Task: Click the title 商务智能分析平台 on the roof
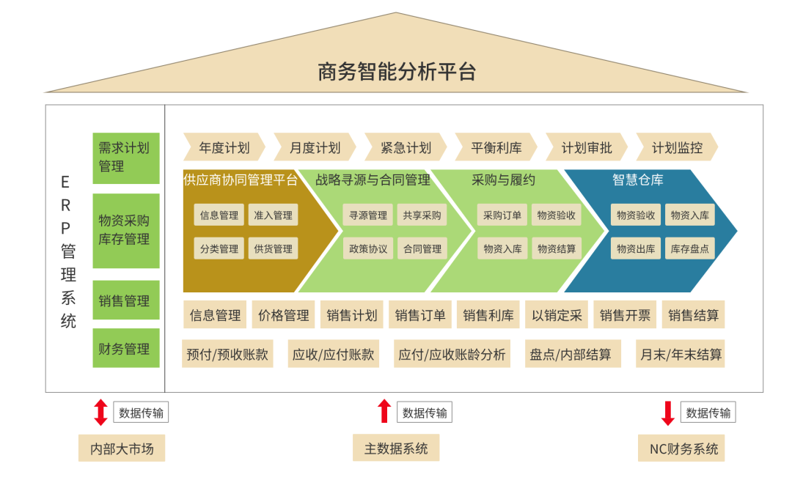pos(396,71)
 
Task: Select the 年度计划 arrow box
pos(224,147)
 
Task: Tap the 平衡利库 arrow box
pos(496,147)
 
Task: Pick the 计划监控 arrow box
pos(677,147)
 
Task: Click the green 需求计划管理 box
pos(125,158)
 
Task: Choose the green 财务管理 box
pos(125,349)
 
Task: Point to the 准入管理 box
pos(273,215)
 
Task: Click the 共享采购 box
pos(422,215)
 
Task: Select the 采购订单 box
pos(502,215)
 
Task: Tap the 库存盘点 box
pos(689,248)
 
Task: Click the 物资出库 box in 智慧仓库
pos(636,248)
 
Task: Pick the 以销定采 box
pos(557,315)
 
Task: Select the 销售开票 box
pos(625,315)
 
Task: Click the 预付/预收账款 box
pos(227,355)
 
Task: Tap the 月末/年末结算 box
pos(681,355)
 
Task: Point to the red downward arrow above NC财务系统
pos(667,413)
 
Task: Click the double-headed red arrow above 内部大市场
pos(101,413)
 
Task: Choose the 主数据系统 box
pos(396,448)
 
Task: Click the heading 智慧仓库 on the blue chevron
pos(637,180)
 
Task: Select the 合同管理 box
pos(422,248)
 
